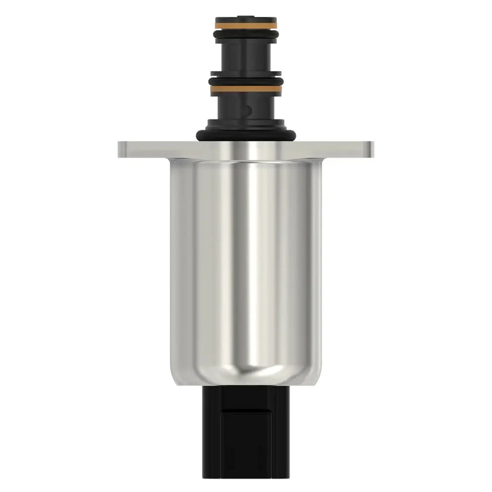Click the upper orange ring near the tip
tap(245, 24)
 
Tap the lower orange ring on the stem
tap(245, 89)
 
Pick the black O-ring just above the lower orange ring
tap(245, 81)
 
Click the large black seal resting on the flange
tap(245, 134)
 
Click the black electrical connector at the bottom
tap(245, 437)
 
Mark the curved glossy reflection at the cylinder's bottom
tap(245, 369)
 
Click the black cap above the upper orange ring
tap(245, 17)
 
